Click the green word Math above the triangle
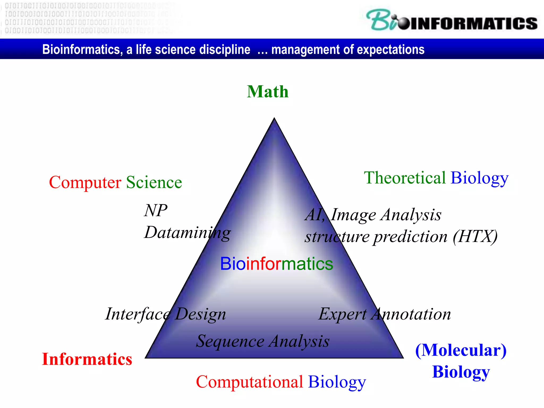tap(267, 92)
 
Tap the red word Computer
tap(85, 182)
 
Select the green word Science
tap(154, 182)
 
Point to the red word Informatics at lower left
tap(87, 359)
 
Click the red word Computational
tap(249, 382)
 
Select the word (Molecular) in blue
tap(461, 350)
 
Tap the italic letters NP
tap(156, 210)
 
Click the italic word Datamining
tap(187, 233)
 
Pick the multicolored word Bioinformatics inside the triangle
tap(277, 264)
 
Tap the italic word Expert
tap(342, 314)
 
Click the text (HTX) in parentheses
tap(475, 236)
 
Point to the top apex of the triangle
tap(274, 118)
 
